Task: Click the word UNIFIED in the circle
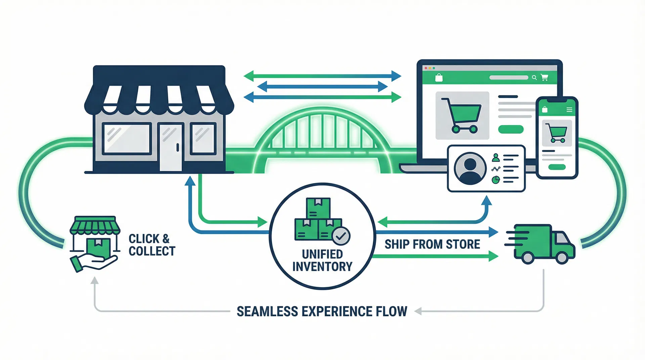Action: pyautogui.click(x=322, y=254)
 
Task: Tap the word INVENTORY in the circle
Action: pyautogui.click(x=322, y=267)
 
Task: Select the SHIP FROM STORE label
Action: pyautogui.click(x=432, y=244)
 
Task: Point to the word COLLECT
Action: pyautogui.click(x=152, y=251)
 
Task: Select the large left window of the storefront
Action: pyautogui.click(x=127, y=139)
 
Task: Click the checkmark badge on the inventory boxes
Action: pyautogui.click(x=341, y=236)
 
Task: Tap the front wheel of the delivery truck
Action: pyautogui.click(x=562, y=257)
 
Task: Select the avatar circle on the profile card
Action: pyautogui.click(x=470, y=168)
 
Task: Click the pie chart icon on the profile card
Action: pyautogui.click(x=496, y=180)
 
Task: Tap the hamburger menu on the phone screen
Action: pyautogui.click(x=569, y=110)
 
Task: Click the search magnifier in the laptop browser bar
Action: pyautogui.click(x=534, y=78)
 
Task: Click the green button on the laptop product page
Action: pyautogui.click(x=511, y=129)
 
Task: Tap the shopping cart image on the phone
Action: pyautogui.click(x=557, y=133)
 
